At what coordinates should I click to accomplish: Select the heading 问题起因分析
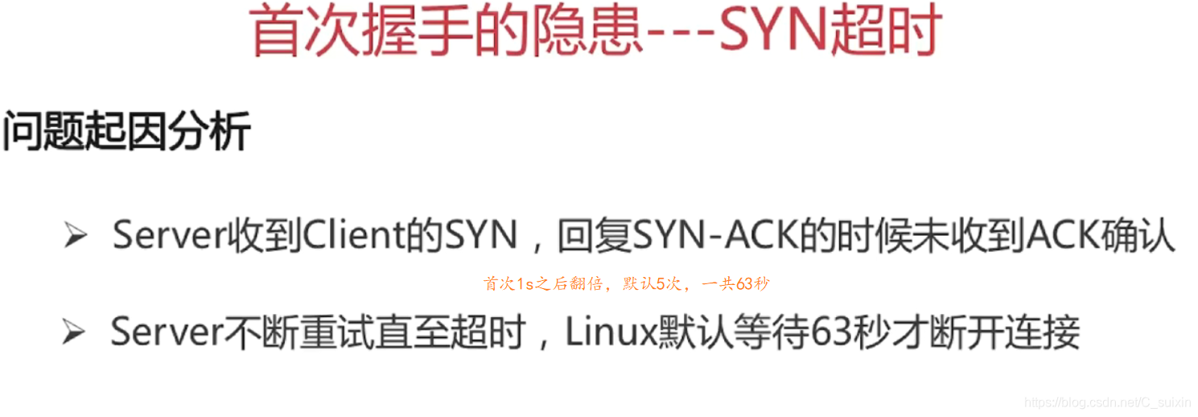[126, 131]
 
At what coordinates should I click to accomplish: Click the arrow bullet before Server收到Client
[75, 237]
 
